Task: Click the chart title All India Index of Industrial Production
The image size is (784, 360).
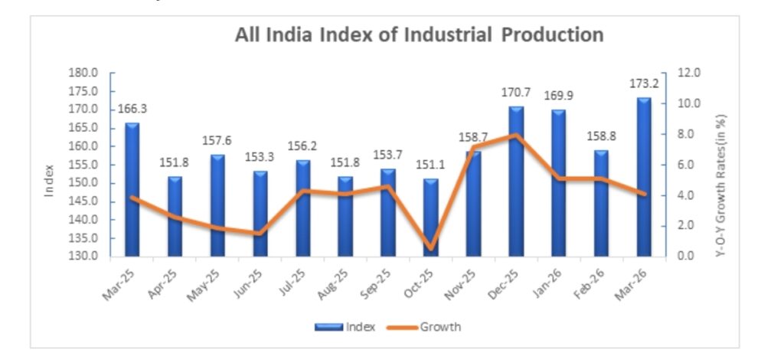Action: (x=419, y=35)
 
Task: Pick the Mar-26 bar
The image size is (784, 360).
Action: (x=644, y=176)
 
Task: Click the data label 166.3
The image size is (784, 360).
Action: (x=132, y=109)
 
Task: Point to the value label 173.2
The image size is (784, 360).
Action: (x=643, y=83)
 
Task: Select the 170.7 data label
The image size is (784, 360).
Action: (x=516, y=92)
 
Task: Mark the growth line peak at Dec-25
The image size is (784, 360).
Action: (x=516, y=136)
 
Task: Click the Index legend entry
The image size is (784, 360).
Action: (x=345, y=328)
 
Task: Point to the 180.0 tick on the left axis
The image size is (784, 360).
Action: (x=84, y=74)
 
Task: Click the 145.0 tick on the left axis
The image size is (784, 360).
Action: (x=84, y=201)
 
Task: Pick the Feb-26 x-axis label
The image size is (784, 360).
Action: (x=592, y=284)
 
